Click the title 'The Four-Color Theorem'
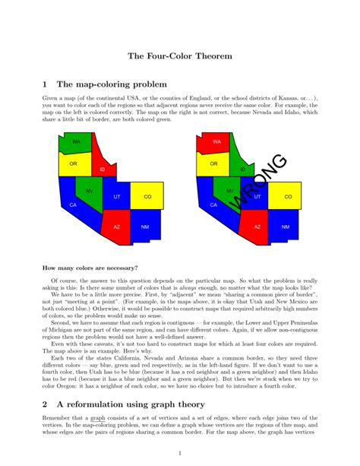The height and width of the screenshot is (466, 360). click(x=179, y=56)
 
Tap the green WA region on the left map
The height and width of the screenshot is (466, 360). click(x=76, y=141)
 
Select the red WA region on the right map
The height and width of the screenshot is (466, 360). click(x=216, y=141)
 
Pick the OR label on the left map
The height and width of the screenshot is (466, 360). click(x=74, y=163)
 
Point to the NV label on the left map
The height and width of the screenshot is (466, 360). click(x=90, y=191)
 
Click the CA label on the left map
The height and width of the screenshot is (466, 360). click(x=73, y=205)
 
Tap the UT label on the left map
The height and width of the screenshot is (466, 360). click(x=117, y=196)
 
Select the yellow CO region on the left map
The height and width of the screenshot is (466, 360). click(x=147, y=196)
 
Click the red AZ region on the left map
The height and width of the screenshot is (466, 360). click(x=117, y=226)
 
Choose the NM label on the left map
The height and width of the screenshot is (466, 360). click(x=145, y=227)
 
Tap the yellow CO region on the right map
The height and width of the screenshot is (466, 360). click(x=288, y=196)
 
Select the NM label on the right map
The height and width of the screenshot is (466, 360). click(x=286, y=227)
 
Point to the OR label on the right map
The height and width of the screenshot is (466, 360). click(x=214, y=163)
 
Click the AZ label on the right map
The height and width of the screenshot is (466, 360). click(x=257, y=227)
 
